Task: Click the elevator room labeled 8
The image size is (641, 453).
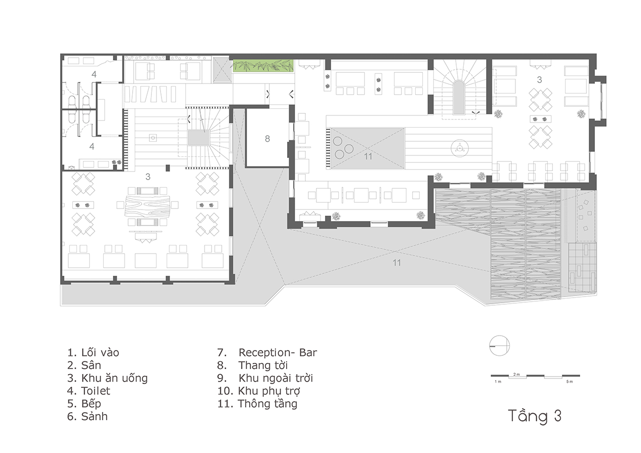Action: (x=267, y=138)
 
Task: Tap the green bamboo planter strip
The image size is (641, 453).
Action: (x=263, y=66)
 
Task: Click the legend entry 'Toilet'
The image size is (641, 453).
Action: (x=89, y=391)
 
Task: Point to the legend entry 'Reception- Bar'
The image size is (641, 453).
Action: (x=267, y=353)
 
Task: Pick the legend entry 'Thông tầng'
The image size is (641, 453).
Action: (x=257, y=403)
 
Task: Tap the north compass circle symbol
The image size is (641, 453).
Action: (x=499, y=346)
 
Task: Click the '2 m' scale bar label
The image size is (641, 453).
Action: (x=516, y=375)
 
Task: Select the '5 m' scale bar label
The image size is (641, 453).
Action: (x=570, y=382)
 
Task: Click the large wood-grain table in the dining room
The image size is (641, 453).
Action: (x=147, y=205)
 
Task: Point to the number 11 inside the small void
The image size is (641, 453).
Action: (x=368, y=156)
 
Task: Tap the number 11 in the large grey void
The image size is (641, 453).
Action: (x=396, y=263)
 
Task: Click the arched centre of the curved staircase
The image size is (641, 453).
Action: (x=459, y=97)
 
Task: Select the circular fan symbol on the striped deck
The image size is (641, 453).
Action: (x=459, y=148)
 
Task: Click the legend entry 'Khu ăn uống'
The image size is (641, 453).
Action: (x=107, y=378)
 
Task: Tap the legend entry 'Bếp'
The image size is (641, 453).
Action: (x=84, y=403)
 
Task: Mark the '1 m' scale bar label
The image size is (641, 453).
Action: (x=498, y=382)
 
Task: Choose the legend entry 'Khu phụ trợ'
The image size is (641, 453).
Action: (x=259, y=391)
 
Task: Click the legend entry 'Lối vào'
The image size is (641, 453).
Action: (x=93, y=352)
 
